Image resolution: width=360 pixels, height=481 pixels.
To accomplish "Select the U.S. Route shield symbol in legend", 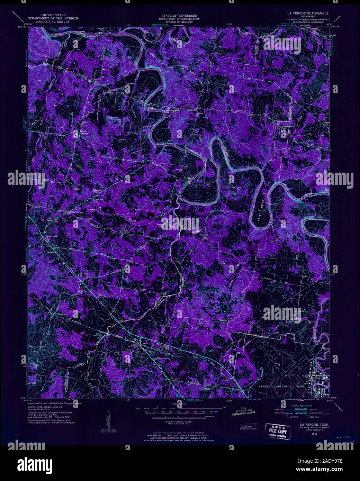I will [286, 417].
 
